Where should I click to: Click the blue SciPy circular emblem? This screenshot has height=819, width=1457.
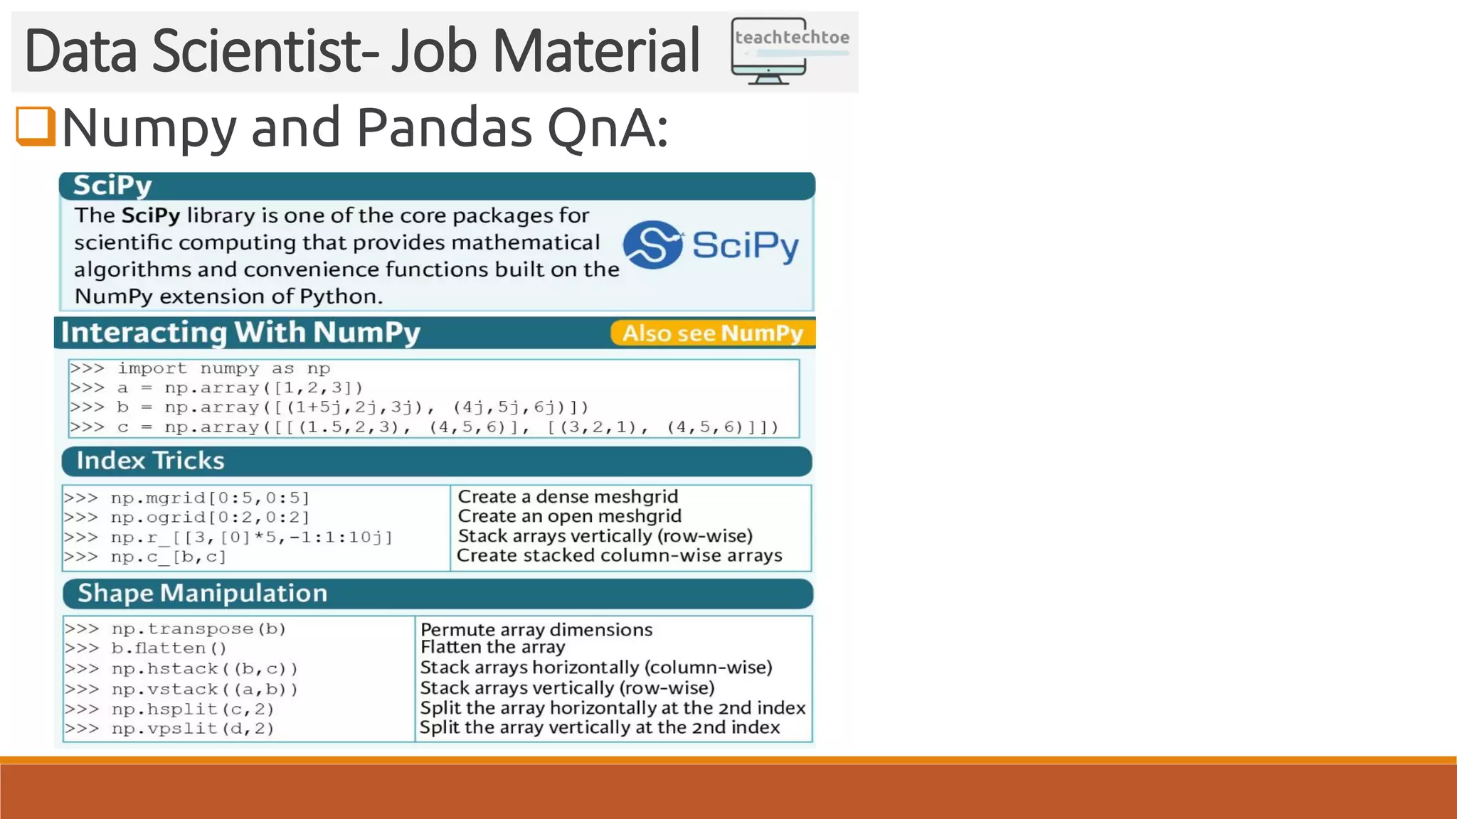click(x=652, y=245)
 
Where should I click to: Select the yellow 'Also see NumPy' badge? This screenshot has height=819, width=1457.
click(x=712, y=333)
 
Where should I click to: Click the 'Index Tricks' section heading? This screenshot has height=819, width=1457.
click(x=150, y=461)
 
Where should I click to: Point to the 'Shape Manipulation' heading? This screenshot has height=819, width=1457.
click(x=202, y=593)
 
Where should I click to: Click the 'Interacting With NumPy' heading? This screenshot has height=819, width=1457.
click(x=240, y=332)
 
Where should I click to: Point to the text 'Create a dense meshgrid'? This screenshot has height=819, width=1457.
click(x=567, y=496)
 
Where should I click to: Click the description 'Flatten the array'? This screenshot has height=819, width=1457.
click(x=492, y=647)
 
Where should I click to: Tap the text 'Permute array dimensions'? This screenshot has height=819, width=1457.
click(x=536, y=629)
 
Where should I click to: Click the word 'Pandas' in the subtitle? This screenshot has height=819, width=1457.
click(x=444, y=128)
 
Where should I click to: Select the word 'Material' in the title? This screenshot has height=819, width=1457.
click(x=595, y=51)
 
